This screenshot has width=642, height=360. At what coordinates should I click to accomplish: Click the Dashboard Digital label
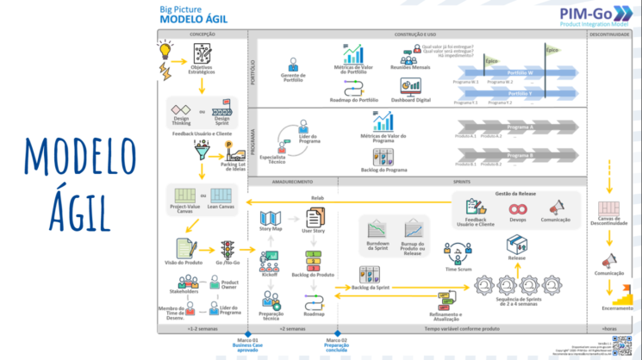[411, 99]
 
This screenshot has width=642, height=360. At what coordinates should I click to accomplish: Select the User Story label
[313, 232]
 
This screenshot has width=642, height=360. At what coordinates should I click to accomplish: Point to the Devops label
[518, 220]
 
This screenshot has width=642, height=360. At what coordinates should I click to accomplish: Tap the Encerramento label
[617, 307]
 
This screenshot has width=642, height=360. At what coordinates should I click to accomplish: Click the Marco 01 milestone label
[248, 340]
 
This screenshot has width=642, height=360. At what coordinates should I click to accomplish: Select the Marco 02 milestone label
[337, 340]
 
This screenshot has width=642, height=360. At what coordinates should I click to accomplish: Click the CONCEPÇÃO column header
[202, 34]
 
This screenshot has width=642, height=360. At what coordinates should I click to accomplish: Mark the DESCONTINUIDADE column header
[615, 34]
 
